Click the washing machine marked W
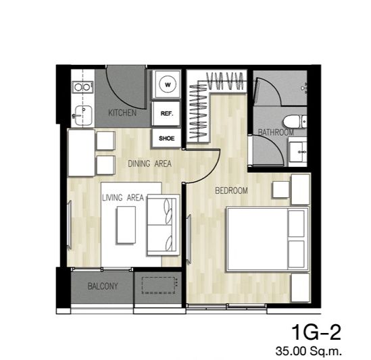pos(167,84)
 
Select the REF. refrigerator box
pos(166,113)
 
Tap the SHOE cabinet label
pos(166,138)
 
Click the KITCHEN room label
pos(122,113)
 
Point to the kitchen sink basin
pos(83,115)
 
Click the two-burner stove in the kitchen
pos(82,87)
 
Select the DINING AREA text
pos(149,163)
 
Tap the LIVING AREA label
pos(123,198)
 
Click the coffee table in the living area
pos(126,225)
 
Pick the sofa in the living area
pos(164,225)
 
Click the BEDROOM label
pos(231,190)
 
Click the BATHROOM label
pos(276,132)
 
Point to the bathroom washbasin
pos(297,152)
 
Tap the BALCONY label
pos(103,286)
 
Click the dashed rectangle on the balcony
pos(158,286)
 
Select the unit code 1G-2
pos(316,332)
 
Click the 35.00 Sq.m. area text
pos(309,351)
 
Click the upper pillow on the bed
pos(296,224)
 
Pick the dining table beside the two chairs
pos(81,153)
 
